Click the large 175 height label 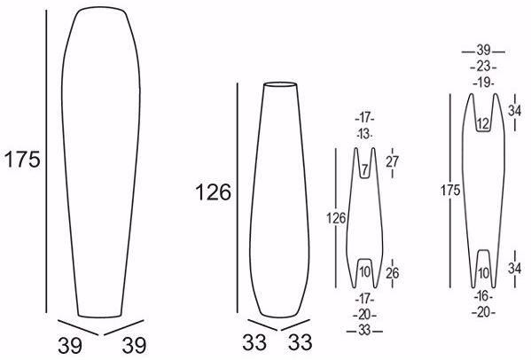pyautogui.click(x=22, y=160)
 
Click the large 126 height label pyautogui.click(x=214, y=192)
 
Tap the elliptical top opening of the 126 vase pyautogui.click(x=280, y=84)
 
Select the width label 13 pyautogui.click(x=364, y=134)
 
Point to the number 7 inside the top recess pyautogui.click(x=364, y=169)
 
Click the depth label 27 pyautogui.click(x=392, y=162)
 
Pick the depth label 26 pyautogui.click(x=392, y=273)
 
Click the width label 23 pyautogui.click(x=483, y=67)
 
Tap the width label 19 pyautogui.click(x=483, y=82)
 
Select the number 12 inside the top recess pyautogui.click(x=483, y=124)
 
